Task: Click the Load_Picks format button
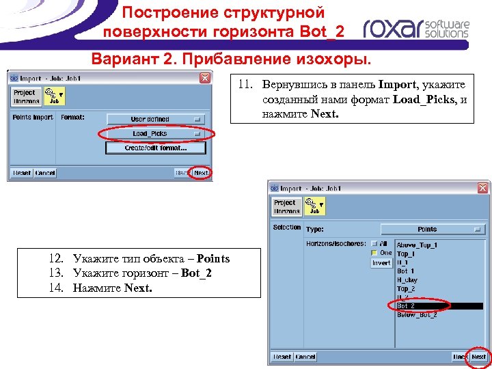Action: click(155, 133)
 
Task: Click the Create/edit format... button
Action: click(155, 148)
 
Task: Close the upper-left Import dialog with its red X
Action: click(205, 78)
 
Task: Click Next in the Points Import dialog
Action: click(201, 173)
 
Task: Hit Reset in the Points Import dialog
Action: click(22, 173)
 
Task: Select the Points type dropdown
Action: click(432, 229)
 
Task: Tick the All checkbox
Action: click(375, 243)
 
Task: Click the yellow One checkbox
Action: click(375, 253)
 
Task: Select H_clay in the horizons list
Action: click(407, 280)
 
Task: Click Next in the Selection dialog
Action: click(478, 357)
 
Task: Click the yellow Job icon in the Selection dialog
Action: click(314, 206)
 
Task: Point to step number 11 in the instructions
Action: click(245, 85)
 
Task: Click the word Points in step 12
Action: click(213, 258)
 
